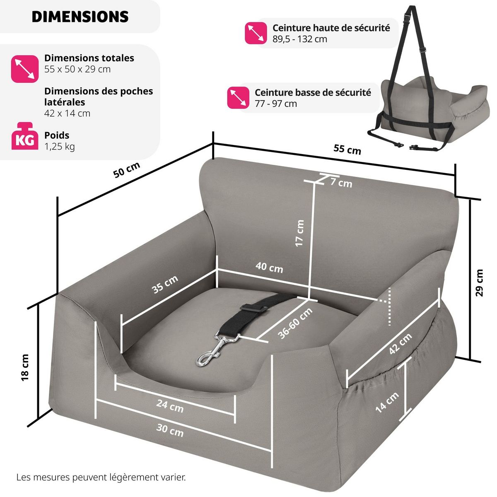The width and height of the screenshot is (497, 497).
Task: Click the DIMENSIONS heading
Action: point(80,17)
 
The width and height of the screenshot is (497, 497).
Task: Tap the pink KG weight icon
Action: point(25,136)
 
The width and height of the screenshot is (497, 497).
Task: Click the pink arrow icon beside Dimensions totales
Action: point(25,69)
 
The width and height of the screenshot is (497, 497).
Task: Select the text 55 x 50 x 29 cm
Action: point(77,69)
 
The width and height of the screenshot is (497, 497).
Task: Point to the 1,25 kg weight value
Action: point(59,146)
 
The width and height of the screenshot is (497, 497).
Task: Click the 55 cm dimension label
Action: point(347,149)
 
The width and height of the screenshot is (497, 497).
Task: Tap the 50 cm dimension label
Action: point(127,170)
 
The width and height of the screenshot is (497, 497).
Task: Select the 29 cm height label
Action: point(479,282)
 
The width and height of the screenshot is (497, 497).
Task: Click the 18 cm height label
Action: point(25,367)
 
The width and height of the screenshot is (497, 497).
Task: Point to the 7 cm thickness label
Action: point(341,182)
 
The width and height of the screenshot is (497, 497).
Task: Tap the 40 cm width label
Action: point(269,267)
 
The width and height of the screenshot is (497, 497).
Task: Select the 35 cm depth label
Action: point(165,284)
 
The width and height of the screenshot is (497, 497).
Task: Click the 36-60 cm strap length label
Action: point(295,323)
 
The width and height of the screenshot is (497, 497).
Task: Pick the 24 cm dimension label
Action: point(170,405)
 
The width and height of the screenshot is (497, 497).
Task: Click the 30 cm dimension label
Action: point(170,430)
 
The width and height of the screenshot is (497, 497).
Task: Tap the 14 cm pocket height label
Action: point(387,402)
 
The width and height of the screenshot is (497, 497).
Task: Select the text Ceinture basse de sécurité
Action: point(313,92)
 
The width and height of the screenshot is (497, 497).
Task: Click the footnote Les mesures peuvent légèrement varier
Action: point(101,477)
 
